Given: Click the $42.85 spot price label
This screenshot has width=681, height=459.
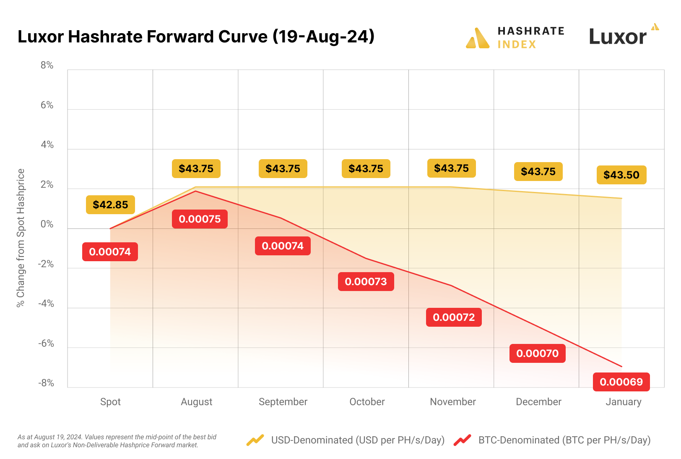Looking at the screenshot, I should (110, 205).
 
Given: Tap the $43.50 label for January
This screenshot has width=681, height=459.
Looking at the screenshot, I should (621, 175).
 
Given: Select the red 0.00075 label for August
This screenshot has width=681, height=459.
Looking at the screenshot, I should (200, 219).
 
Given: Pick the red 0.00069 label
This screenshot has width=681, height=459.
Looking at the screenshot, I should (621, 382).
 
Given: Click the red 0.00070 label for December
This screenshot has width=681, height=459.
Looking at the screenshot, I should (537, 353).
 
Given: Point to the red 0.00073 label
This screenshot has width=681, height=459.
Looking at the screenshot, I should (366, 281).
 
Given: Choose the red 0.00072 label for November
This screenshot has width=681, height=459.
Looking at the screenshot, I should (454, 317).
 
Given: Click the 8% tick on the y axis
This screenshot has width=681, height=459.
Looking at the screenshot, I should (47, 65).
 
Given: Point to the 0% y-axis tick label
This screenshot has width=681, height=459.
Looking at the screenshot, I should (47, 224).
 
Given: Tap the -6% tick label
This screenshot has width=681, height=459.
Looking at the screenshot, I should (46, 344).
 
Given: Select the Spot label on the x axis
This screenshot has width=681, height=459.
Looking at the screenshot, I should (110, 402).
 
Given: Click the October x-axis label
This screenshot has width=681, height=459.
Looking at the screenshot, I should (367, 402).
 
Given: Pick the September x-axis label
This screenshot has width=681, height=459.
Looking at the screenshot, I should (283, 402).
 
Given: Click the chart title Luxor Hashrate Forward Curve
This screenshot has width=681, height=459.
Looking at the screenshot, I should (196, 37).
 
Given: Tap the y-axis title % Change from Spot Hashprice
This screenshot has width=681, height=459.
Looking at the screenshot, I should (21, 238).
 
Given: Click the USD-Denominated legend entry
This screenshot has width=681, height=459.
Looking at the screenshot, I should (357, 440).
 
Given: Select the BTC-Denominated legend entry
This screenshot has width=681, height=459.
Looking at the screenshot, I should (564, 440).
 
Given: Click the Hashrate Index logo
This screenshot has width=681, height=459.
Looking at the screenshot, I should (515, 38).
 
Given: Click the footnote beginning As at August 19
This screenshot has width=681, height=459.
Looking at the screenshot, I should (117, 441).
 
